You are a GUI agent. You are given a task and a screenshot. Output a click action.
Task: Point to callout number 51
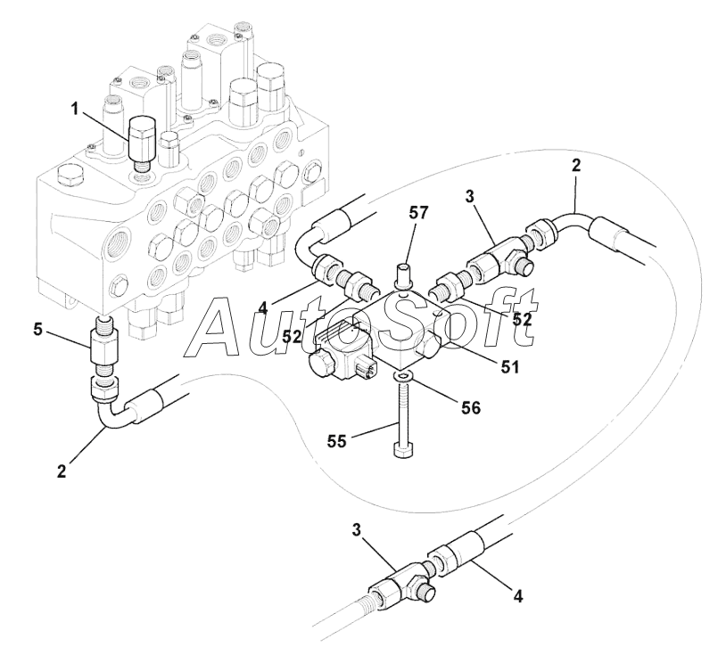coord(509,364)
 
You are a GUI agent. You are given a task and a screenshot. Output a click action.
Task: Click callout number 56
coord(470,407)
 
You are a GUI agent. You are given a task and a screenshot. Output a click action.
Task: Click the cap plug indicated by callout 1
coord(144,139)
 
